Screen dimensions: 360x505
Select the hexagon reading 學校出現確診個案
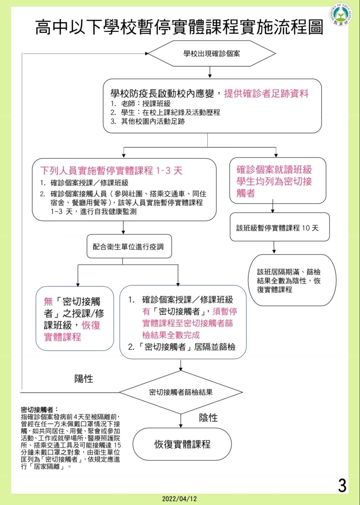(212, 53)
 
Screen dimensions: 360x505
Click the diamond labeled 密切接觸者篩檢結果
(181, 392)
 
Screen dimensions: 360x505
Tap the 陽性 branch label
(84, 379)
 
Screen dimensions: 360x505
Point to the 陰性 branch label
(208, 418)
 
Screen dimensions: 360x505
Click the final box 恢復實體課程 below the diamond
(182, 444)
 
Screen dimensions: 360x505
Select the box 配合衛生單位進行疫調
(129, 246)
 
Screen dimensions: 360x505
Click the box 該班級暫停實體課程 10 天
(280, 227)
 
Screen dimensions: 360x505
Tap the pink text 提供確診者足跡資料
(266, 93)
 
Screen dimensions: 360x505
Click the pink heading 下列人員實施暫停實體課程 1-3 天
(111, 171)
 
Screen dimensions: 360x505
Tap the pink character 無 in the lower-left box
(48, 302)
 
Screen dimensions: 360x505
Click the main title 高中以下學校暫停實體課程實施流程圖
(179, 27)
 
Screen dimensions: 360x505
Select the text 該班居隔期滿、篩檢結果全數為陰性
(289, 277)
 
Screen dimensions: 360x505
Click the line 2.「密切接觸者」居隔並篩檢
(182, 347)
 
